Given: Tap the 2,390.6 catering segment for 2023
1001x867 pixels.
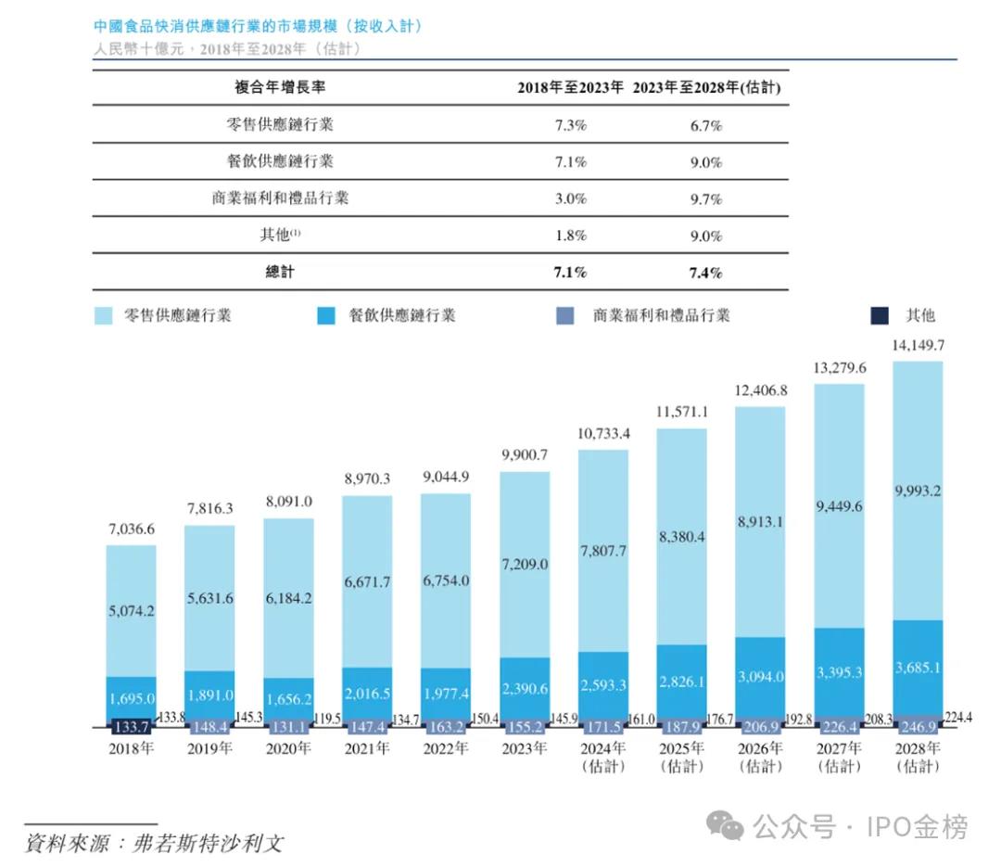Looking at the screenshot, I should click(x=524, y=688).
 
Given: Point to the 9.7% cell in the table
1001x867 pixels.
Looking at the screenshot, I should click(x=705, y=198).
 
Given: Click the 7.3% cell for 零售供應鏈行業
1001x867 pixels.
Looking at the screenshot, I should click(x=570, y=125).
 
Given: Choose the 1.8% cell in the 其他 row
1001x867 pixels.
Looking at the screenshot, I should click(x=570, y=236).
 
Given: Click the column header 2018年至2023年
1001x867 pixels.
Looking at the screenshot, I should click(x=570, y=88).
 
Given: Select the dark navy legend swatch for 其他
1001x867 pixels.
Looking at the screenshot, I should click(x=880, y=315).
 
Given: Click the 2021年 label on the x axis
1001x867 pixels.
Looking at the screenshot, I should click(x=366, y=747).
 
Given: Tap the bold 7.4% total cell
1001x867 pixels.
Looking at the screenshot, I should click(x=705, y=273).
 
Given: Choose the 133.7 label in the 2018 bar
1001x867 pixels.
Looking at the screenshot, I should click(x=130, y=726).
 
